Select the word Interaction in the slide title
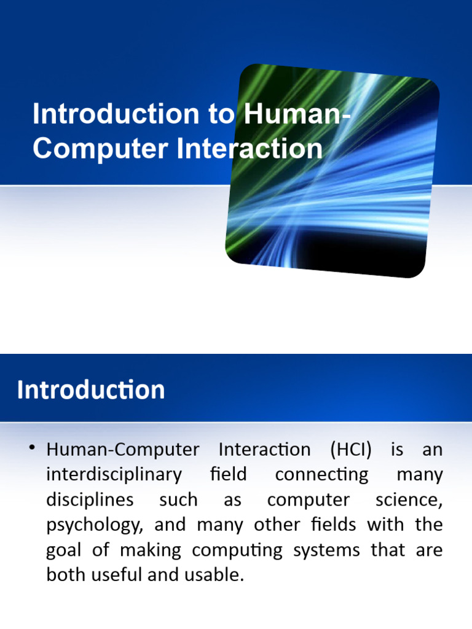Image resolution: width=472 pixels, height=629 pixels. (x=249, y=149)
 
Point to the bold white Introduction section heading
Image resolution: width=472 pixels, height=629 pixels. (x=91, y=390)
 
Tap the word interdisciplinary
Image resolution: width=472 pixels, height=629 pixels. (x=114, y=475)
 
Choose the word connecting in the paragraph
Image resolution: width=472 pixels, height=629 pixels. (x=321, y=475)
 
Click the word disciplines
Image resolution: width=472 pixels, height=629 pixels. (x=90, y=499)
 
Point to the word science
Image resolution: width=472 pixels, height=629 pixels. (x=409, y=499)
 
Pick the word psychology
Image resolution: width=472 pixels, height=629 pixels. (x=95, y=525)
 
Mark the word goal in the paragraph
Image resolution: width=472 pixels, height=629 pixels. (x=64, y=550)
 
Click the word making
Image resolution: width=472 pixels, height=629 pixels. (x=151, y=550)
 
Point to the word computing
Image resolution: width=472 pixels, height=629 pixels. (x=237, y=550)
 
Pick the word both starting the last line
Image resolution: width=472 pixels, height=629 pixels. (x=64, y=575)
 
